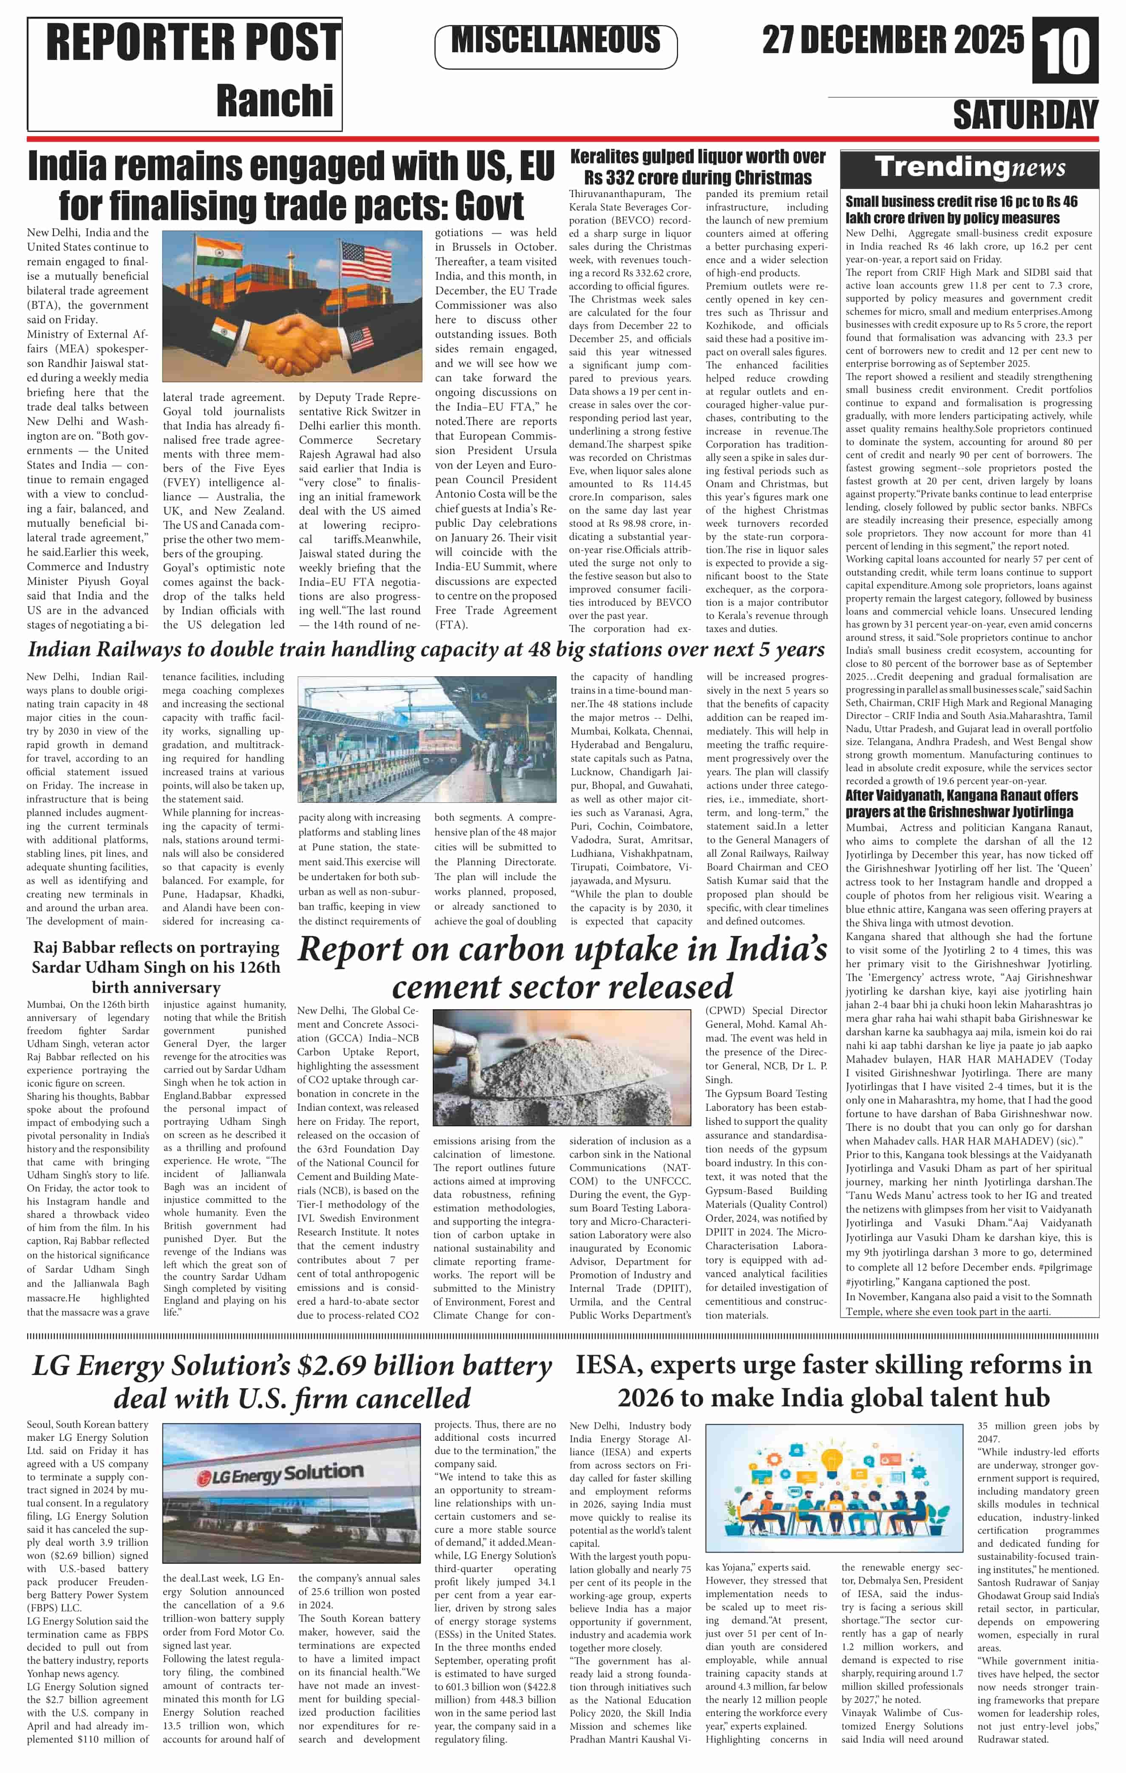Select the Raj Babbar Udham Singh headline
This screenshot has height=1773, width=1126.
pos(156,967)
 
